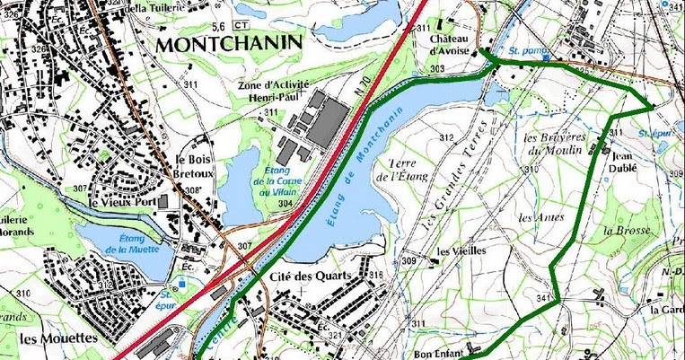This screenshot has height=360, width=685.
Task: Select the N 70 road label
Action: tap(363, 90)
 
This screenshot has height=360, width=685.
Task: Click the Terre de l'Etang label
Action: tap(401, 171)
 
